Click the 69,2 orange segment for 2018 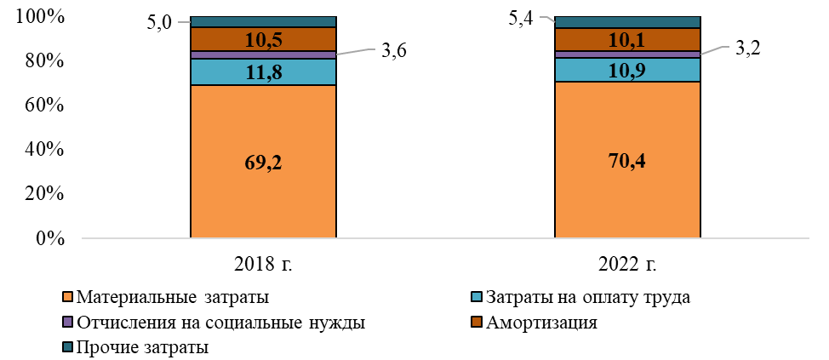(263, 163)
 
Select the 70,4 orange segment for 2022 (627, 160)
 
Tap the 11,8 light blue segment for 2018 (263, 71)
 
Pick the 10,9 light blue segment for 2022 (627, 70)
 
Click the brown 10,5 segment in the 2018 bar (263, 39)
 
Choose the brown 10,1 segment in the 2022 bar (627, 39)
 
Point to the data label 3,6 (393, 51)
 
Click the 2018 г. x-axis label (263, 263)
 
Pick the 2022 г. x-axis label (627, 263)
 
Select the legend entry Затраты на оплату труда (586, 298)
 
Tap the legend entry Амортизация (541, 323)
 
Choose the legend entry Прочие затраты (142, 347)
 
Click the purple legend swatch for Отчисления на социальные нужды (68, 323)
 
